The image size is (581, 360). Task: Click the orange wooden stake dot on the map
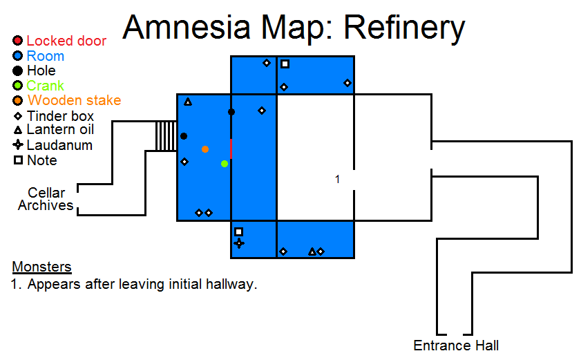click(205, 149)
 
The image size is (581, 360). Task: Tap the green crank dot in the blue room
click(224, 164)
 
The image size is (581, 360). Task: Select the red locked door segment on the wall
click(231, 149)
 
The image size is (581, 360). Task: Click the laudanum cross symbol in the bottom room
click(239, 243)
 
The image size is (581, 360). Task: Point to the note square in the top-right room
click(285, 64)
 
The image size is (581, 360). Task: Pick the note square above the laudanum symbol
click(238, 231)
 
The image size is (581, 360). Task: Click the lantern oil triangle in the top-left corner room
click(188, 102)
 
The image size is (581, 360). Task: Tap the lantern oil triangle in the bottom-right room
click(312, 252)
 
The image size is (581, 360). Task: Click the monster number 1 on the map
click(337, 180)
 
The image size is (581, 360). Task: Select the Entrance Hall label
click(456, 345)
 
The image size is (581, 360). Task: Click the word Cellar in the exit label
click(46, 192)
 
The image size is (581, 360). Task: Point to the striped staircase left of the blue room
click(166, 135)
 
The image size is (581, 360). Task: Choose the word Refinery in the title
click(404, 28)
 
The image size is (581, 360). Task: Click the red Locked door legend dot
click(17, 40)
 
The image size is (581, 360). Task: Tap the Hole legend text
click(41, 70)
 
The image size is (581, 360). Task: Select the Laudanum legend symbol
click(18, 144)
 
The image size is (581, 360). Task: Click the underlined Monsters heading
click(41, 267)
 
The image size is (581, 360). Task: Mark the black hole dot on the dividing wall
click(231, 112)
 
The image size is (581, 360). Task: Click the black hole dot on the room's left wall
click(183, 136)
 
